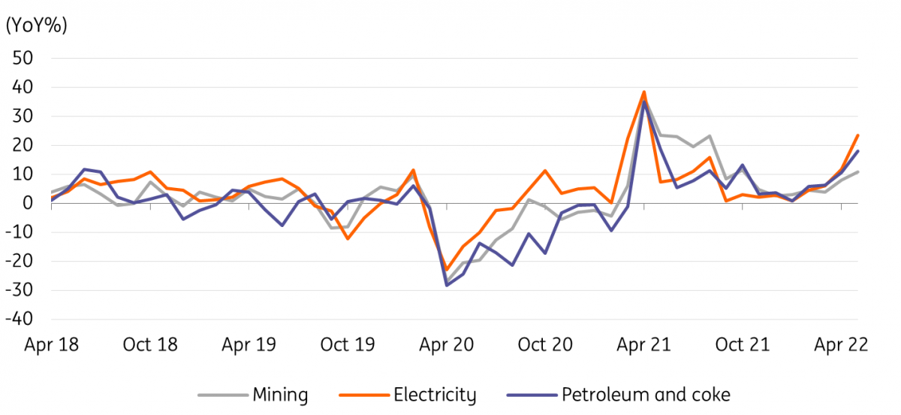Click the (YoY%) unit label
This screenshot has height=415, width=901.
click(x=36, y=26)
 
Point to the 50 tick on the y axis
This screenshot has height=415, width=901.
click(x=23, y=59)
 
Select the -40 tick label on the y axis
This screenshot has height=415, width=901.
click(x=19, y=319)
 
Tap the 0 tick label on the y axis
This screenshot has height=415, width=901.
click(x=28, y=203)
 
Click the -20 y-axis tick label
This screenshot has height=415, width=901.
click(x=19, y=261)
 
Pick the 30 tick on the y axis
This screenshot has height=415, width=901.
click(x=23, y=117)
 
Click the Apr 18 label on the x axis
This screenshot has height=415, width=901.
click(x=52, y=345)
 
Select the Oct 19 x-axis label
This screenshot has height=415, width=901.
click(x=348, y=345)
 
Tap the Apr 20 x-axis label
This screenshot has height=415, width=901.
click(x=447, y=345)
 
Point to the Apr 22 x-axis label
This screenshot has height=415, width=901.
click(x=842, y=345)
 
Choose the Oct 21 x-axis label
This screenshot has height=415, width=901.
click(x=743, y=345)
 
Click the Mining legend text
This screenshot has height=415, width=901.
click(x=280, y=395)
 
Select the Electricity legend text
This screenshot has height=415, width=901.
click(x=435, y=395)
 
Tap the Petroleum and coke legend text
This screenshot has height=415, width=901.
click(x=646, y=395)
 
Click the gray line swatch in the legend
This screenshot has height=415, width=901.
click(x=223, y=395)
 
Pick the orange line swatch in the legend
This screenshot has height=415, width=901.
click(x=364, y=395)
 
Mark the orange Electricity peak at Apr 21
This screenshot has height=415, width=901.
click(x=644, y=92)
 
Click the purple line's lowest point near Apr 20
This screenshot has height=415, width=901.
click(x=447, y=285)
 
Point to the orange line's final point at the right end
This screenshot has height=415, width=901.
click(x=858, y=135)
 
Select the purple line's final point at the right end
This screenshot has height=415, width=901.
click(x=858, y=152)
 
